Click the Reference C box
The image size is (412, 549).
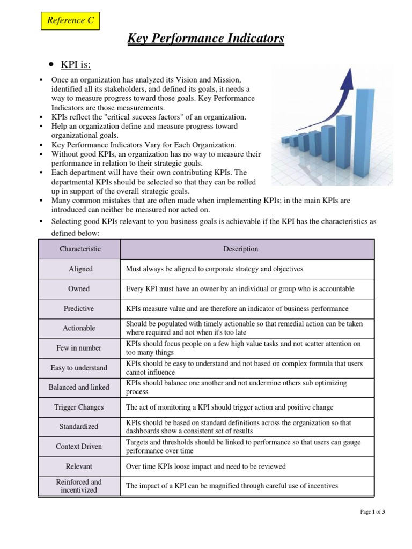pos(70,21)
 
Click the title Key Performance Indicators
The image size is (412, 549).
pos(205,39)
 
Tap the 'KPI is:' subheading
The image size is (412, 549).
pos(76,65)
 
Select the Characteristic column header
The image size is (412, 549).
pos(80,249)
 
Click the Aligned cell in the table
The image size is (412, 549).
pos(80,269)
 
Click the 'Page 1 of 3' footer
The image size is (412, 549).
pos(372,512)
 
